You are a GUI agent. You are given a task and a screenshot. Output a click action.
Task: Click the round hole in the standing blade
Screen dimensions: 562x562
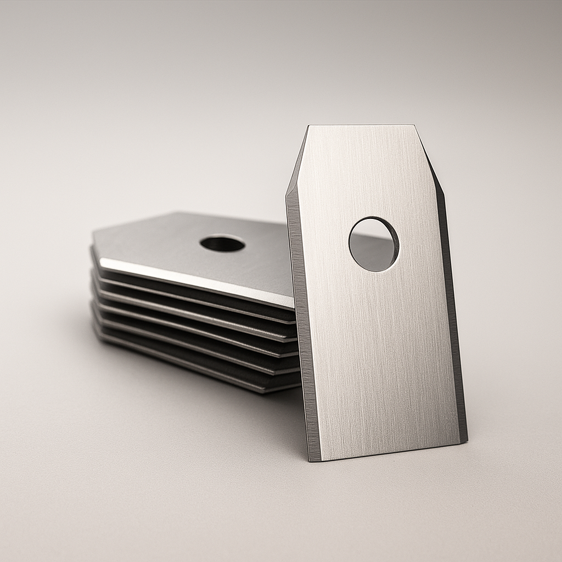374,244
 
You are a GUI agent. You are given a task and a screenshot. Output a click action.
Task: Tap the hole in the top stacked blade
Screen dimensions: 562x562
222,243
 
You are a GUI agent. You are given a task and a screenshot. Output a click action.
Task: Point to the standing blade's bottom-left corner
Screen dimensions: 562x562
311,460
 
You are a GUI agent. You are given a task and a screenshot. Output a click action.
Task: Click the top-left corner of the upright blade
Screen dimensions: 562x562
309,126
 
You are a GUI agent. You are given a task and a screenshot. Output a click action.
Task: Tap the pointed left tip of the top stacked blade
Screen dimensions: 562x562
93,241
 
